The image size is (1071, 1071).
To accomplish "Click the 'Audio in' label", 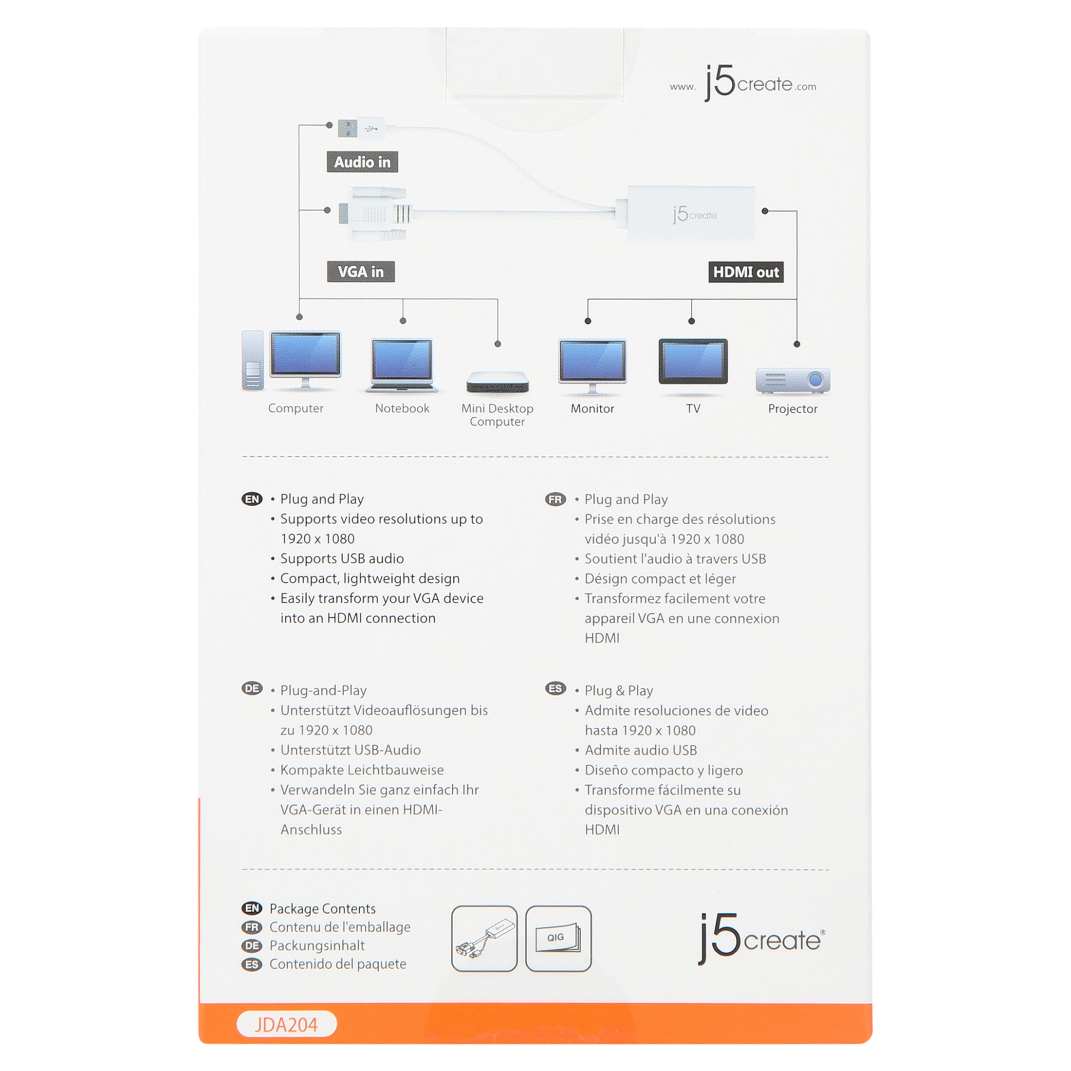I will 362,162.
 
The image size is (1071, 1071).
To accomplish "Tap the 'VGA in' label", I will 361,272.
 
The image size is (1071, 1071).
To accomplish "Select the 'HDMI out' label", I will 746,272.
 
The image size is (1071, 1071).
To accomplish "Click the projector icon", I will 793,380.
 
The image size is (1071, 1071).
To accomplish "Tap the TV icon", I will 693,361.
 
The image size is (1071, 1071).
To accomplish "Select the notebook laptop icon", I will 402,365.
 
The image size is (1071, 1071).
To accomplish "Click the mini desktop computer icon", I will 497,382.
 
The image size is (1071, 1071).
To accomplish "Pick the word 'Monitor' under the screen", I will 592,408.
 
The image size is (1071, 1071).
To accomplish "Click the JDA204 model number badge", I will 287,1024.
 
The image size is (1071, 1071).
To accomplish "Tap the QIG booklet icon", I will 558,939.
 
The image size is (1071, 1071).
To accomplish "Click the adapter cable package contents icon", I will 484,939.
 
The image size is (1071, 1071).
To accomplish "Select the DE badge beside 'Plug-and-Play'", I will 252,688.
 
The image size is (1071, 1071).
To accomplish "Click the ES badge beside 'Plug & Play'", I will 555,688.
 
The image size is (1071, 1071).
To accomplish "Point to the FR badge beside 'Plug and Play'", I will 555,499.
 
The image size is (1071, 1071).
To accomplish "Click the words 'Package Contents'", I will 322,908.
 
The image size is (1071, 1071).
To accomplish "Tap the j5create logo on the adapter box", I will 694,214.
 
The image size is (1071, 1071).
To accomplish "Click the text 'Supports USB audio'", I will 341,558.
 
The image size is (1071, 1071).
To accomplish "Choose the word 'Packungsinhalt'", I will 316,945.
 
